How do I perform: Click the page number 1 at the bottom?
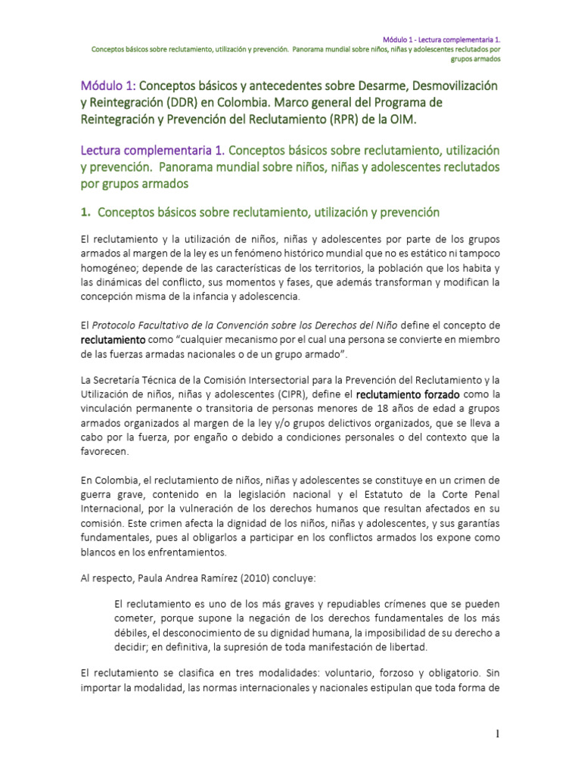(499, 734)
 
